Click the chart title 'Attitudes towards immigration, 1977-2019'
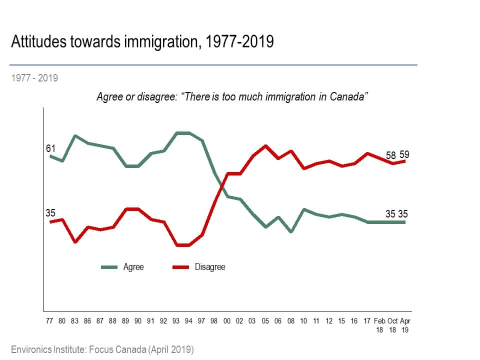(142, 41)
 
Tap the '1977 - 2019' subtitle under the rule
(34, 78)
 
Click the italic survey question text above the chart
(232, 96)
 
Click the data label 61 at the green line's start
(50, 148)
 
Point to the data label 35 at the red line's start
(50, 213)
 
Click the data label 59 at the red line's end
(404, 155)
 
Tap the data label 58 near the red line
(391, 155)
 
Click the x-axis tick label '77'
(49, 321)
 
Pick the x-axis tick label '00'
(226, 321)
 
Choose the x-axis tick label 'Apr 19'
(405, 325)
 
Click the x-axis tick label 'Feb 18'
(380, 325)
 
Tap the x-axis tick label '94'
(188, 321)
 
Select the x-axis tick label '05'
(265, 321)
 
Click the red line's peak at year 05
(265, 145)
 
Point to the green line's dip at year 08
(290, 232)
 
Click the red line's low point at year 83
(75, 242)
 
